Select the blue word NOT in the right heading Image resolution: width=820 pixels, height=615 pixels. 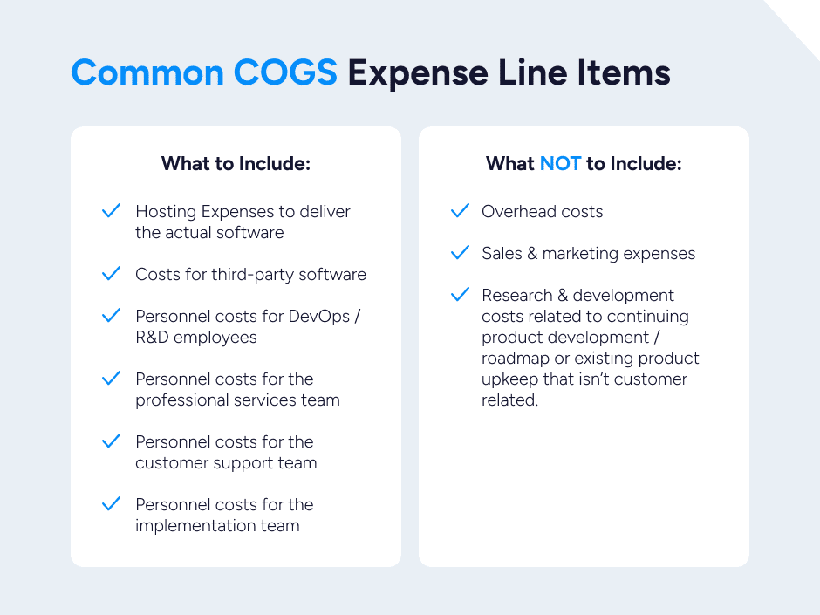pyautogui.click(x=560, y=163)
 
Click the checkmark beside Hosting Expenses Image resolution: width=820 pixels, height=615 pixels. pyautogui.click(x=111, y=211)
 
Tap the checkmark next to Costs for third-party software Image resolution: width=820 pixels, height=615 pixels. pyautogui.click(x=111, y=274)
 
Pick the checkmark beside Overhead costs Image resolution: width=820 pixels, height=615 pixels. pyautogui.click(x=460, y=211)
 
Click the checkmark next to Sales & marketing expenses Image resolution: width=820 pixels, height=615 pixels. pyautogui.click(x=460, y=253)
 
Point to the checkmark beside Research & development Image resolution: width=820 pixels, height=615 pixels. pyautogui.click(x=460, y=295)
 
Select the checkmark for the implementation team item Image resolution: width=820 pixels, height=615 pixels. pyautogui.click(x=111, y=504)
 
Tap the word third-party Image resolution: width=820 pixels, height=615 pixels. pyautogui.click(x=253, y=274)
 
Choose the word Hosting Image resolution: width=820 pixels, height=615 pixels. pyautogui.click(x=166, y=212)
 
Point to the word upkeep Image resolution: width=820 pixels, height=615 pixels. pyautogui.click(x=508, y=379)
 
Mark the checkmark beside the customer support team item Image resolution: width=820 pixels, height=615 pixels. pyautogui.click(x=111, y=441)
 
